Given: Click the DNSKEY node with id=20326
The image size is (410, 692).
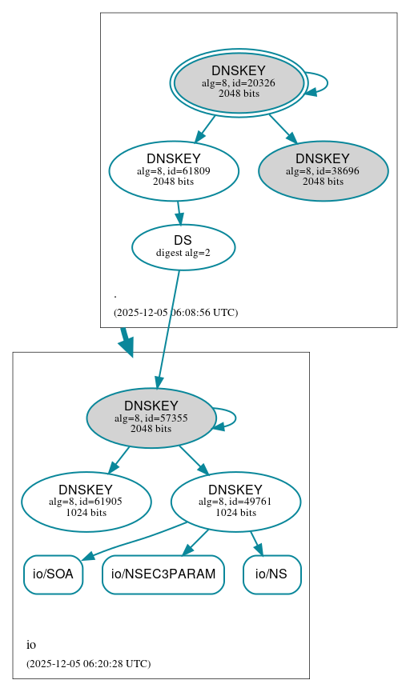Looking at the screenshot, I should (x=239, y=82).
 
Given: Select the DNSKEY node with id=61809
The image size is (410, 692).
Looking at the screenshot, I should (x=174, y=170).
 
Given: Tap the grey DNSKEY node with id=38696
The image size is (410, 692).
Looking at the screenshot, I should (x=323, y=170).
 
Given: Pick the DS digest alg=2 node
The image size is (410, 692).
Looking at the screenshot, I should (x=183, y=247).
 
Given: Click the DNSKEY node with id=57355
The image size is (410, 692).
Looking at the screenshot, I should (x=151, y=418).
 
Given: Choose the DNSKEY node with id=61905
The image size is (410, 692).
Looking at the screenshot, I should (x=86, y=502).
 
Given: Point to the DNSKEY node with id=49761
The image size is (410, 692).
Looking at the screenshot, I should (x=235, y=502).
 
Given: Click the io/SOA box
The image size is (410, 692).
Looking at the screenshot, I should (x=53, y=574).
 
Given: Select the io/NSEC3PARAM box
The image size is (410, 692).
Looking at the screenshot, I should (x=163, y=574).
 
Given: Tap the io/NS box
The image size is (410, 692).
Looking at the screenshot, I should (x=271, y=574).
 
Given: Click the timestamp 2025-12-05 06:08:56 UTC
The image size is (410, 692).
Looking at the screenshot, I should (x=175, y=312).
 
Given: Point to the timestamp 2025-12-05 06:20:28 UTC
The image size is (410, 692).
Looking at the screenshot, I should (x=88, y=663).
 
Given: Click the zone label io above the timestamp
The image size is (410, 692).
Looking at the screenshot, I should (x=31, y=645).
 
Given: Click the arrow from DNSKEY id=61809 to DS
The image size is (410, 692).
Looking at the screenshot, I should (x=179, y=214).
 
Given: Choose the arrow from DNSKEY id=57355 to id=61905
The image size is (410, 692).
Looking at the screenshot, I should (x=119, y=459).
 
